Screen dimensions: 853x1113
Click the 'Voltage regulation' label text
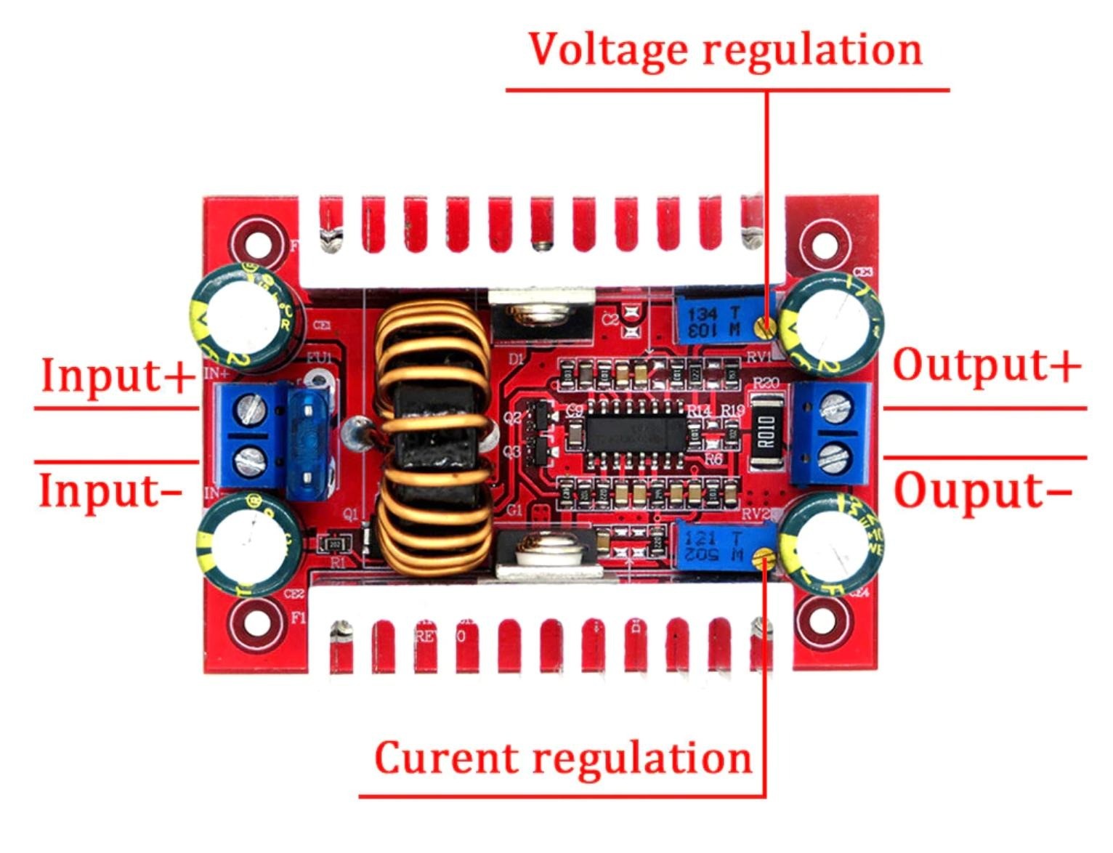725,49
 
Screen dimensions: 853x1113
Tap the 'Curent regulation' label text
563,759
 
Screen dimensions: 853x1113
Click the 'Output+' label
986,365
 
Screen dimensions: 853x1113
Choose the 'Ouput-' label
982,490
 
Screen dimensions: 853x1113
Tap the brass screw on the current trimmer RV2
761,558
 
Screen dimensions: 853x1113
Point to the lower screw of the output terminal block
832,457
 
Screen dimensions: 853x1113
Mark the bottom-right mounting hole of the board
822,621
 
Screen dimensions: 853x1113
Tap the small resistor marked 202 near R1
335,543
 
